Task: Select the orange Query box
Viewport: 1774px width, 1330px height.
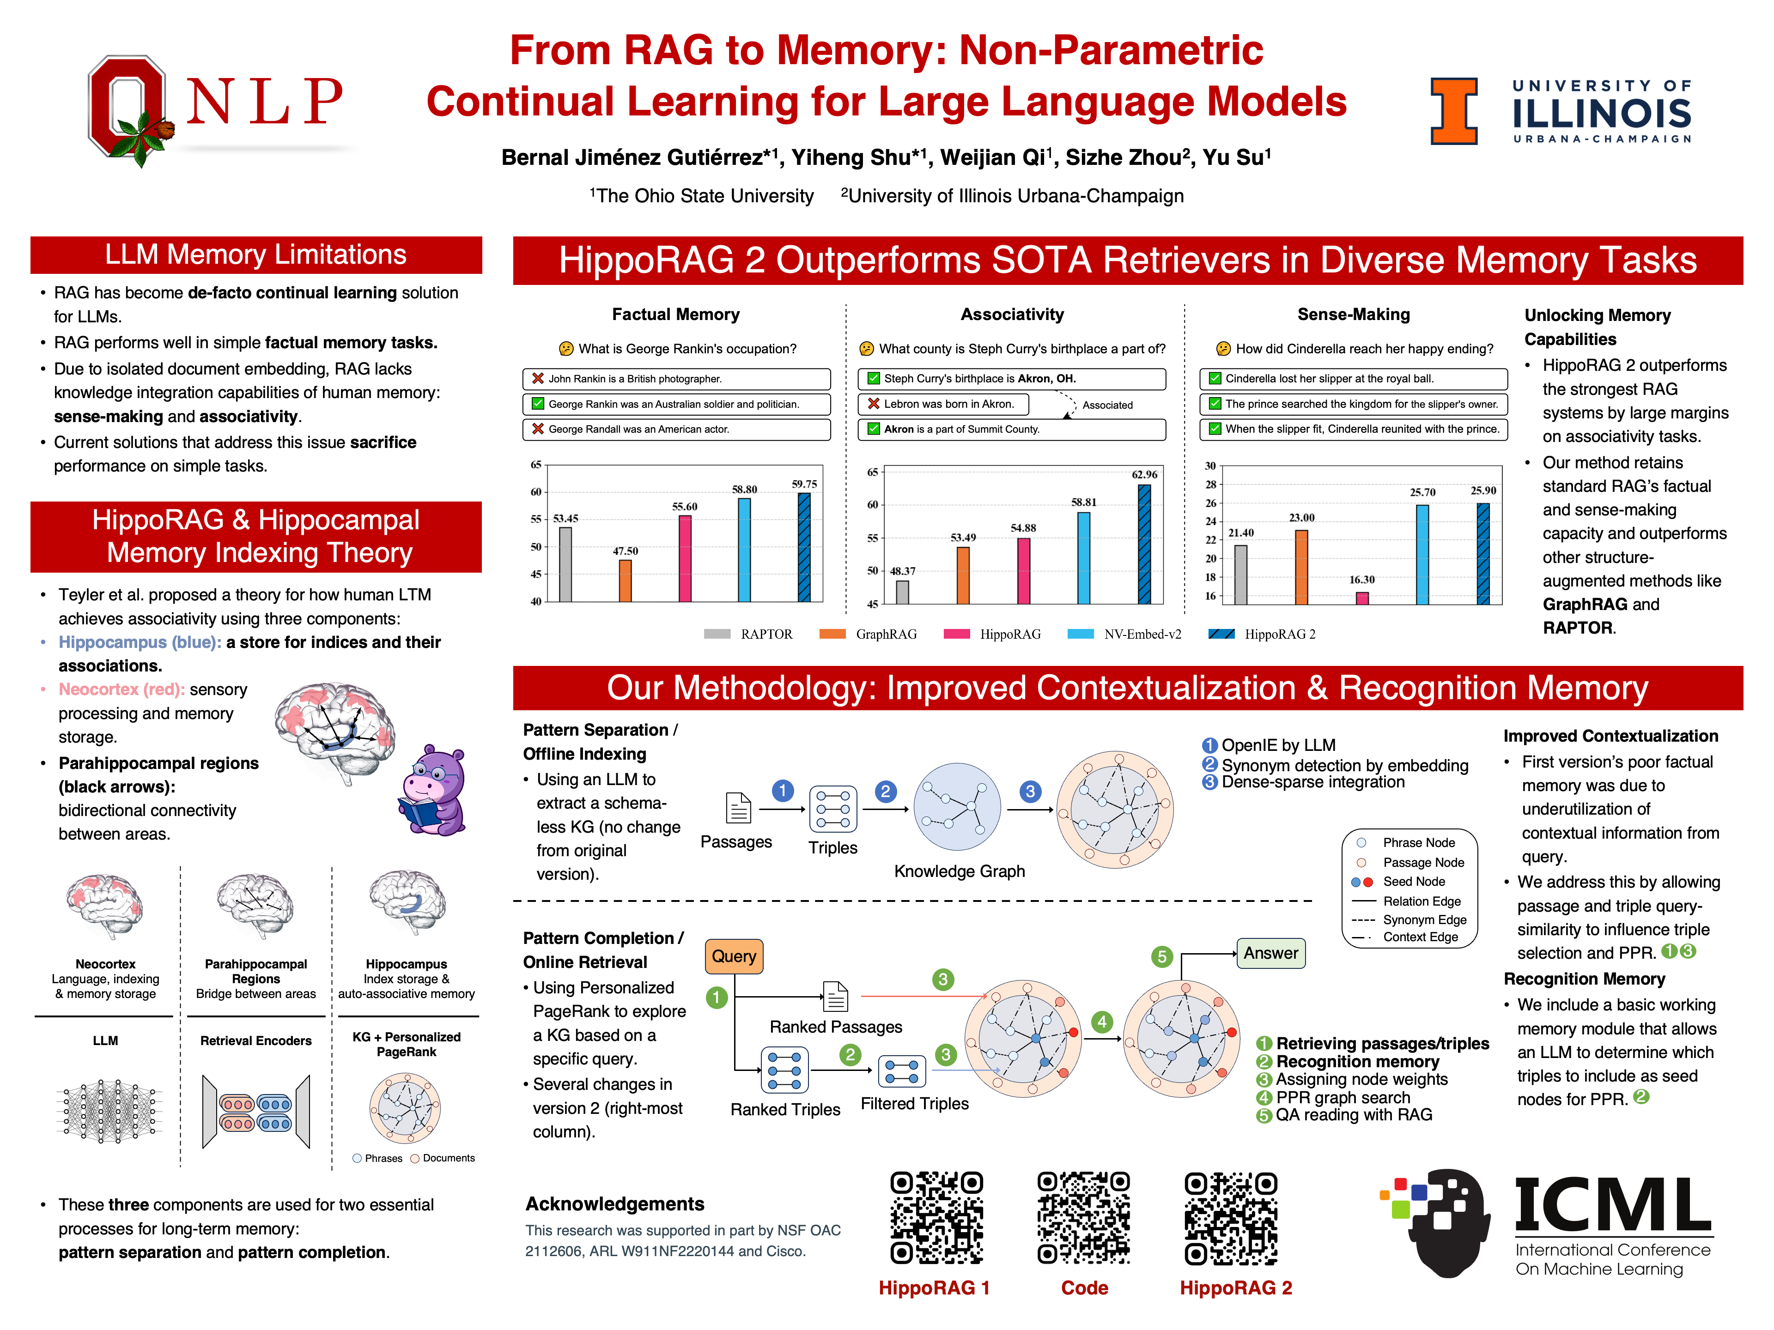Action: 734,955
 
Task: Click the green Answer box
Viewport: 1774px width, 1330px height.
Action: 1270,953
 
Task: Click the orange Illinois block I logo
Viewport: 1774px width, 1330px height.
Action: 1453,111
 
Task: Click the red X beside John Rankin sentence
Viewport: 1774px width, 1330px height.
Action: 537,378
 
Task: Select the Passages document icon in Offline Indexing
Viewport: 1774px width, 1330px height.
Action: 738,808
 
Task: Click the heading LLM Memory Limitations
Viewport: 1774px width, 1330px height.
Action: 256,255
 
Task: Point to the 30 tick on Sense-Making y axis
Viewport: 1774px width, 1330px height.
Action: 1210,466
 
